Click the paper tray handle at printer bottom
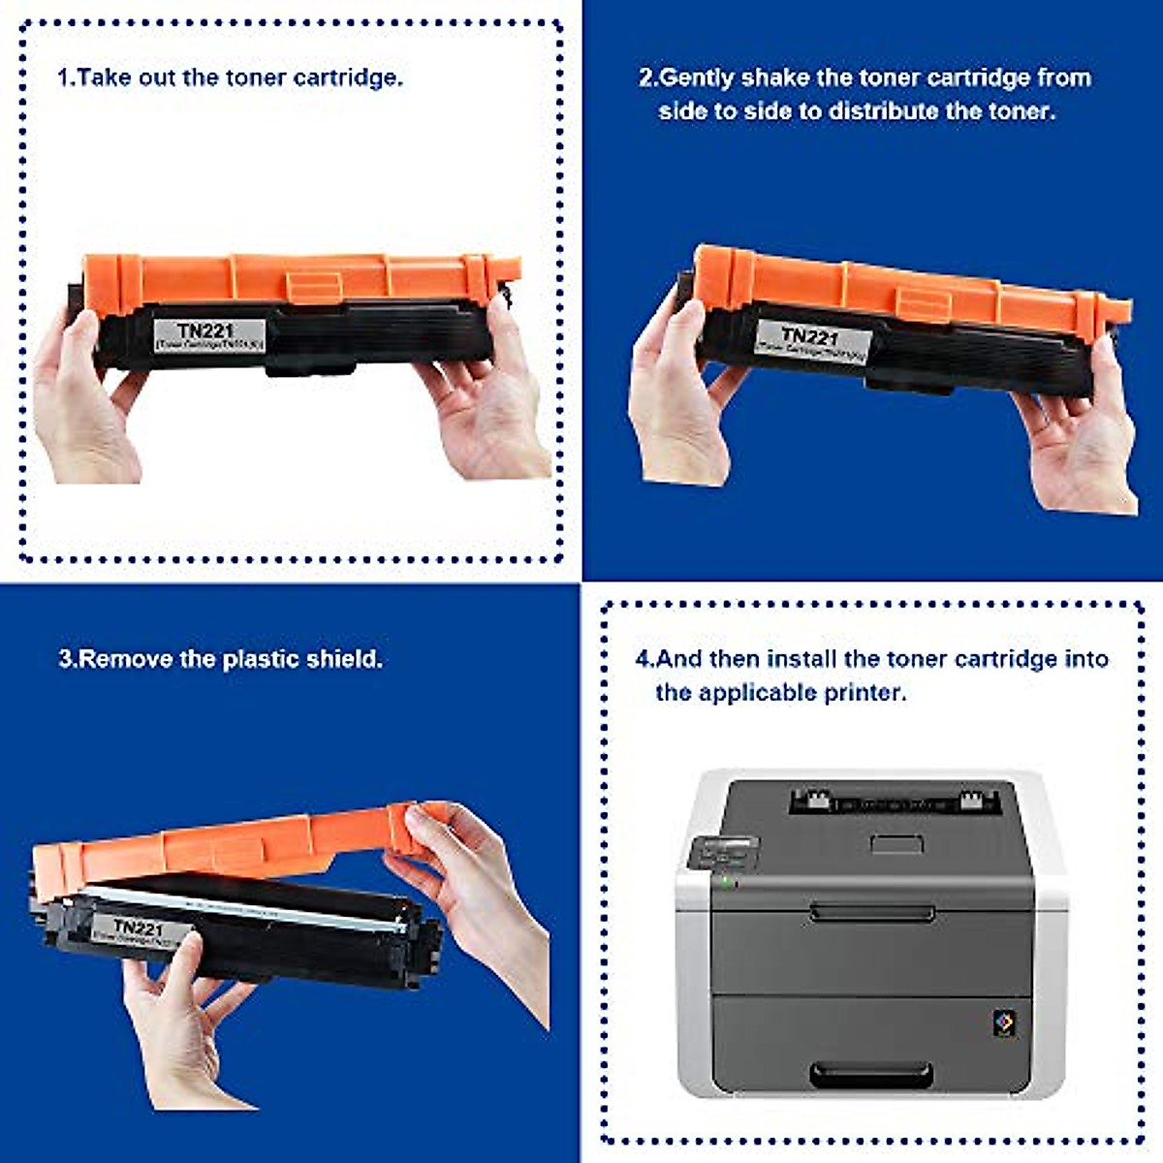[x=871, y=1074]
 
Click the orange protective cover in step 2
[x=911, y=291]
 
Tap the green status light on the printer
[x=722, y=881]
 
